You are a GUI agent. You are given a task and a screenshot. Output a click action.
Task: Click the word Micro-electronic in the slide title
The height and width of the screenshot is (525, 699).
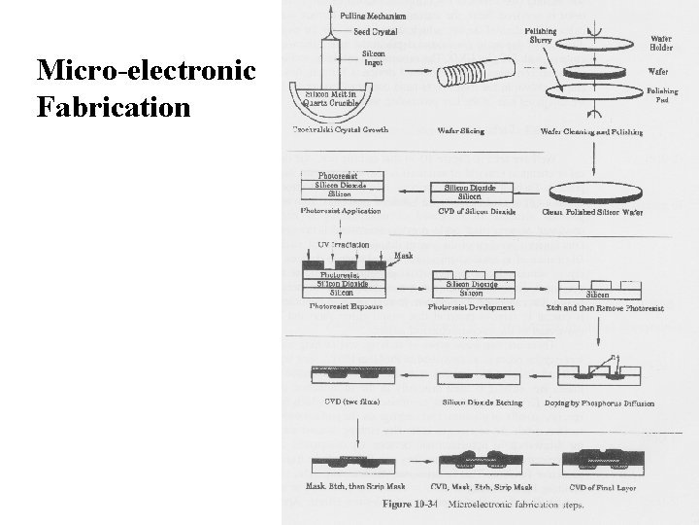pos(146,72)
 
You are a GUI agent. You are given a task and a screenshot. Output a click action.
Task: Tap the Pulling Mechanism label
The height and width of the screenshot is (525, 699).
pos(374,15)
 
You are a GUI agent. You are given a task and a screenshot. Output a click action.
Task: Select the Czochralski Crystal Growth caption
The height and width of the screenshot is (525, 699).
pos(342,130)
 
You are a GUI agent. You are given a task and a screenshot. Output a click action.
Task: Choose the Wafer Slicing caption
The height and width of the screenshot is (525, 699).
pos(462,130)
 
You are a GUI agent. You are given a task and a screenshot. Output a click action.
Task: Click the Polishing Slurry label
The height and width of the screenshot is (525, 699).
pos(540,36)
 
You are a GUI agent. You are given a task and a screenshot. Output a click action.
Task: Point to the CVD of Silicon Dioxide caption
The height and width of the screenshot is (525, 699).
pos(470,211)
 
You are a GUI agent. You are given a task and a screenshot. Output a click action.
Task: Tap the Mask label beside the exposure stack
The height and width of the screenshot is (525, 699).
pos(403,257)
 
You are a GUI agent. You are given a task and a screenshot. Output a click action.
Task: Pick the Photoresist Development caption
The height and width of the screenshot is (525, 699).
pos(471,307)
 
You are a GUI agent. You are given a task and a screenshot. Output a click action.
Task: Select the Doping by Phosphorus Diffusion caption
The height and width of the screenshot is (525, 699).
pos(599,402)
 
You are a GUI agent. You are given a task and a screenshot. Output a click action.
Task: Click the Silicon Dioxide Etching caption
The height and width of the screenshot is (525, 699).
pos(482,402)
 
